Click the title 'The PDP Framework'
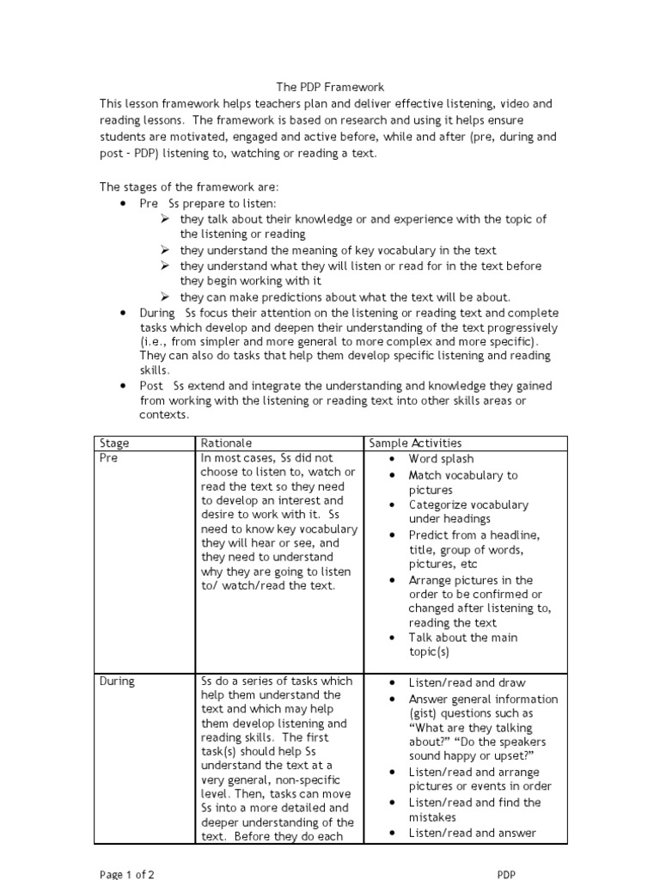(x=330, y=87)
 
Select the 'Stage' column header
(x=115, y=443)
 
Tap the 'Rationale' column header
(x=225, y=443)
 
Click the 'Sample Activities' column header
(x=415, y=443)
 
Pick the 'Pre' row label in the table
(x=109, y=459)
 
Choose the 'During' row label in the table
(x=118, y=681)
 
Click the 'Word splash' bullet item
(x=441, y=460)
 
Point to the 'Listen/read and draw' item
(x=467, y=682)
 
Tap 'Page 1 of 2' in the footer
(x=127, y=874)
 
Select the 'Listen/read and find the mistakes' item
(x=474, y=810)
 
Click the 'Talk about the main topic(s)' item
(x=463, y=645)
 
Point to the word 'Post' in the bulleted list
(x=152, y=386)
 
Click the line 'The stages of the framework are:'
(x=189, y=187)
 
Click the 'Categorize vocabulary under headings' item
(x=468, y=512)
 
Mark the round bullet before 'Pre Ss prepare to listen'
(x=124, y=204)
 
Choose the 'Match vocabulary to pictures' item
(x=463, y=482)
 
